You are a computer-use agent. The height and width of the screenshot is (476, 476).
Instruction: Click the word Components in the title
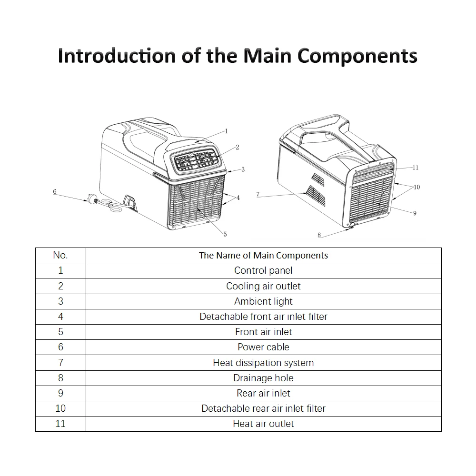[x=357, y=55]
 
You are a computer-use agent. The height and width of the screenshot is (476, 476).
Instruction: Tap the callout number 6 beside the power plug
[x=55, y=191]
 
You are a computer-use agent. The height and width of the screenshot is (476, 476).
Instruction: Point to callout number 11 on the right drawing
[x=415, y=168]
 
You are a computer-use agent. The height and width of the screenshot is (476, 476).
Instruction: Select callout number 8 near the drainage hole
[x=319, y=235]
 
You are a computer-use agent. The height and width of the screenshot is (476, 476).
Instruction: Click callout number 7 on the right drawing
[x=258, y=194]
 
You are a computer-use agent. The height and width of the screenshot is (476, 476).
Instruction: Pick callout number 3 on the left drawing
[x=243, y=169]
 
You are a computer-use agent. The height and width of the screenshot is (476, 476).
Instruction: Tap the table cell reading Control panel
[x=263, y=270]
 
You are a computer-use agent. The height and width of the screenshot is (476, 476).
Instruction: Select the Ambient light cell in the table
[x=263, y=301]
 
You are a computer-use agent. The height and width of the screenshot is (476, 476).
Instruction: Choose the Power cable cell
[x=263, y=347]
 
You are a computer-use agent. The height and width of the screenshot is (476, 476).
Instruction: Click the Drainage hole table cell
[x=263, y=378]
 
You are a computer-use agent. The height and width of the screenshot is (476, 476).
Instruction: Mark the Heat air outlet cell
[x=263, y=424]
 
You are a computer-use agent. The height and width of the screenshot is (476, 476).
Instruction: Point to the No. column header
[x=60, y=255]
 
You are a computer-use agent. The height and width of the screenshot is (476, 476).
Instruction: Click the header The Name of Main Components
[x=263, y=256]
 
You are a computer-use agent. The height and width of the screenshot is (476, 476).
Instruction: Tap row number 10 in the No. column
[x=60, y=408]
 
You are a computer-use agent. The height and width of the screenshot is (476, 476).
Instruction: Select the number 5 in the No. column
[x=60, y=332]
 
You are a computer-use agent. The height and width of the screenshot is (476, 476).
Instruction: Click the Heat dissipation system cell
[x=263, y=363]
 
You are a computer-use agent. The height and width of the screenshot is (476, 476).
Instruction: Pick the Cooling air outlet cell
[x=263, y=286]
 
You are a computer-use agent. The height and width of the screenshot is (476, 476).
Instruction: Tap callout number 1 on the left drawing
[x=227, y=131]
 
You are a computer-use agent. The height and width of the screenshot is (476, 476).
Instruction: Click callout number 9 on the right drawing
[x=415, y=213]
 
